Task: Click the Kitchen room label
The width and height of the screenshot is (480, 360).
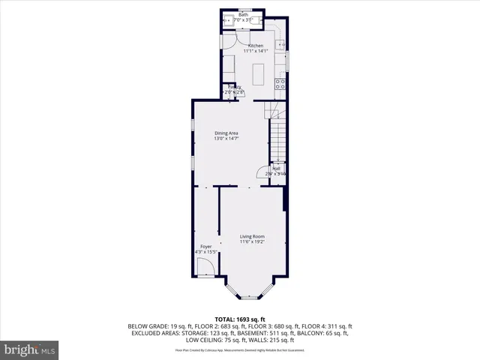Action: tap(256, 46)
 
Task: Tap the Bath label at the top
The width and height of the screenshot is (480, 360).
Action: tap(243, 14)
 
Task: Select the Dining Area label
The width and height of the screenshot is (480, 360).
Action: tap(226, 133)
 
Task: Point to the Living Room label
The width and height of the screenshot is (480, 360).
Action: tap(252, 236)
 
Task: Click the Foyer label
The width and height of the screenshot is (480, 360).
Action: tap(205, 247)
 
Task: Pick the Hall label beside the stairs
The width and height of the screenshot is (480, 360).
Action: tap(276, 169)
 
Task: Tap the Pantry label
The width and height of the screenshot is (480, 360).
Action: tap(234, 87)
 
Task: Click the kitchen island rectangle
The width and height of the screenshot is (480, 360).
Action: tap(259, 74)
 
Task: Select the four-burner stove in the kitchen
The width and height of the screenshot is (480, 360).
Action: tap(281, 84)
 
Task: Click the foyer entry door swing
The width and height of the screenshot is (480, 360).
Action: tap(202, 266)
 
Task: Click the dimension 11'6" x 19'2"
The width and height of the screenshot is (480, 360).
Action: tap(252, 241)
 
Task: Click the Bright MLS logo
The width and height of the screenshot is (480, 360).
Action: tap(29, 349)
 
